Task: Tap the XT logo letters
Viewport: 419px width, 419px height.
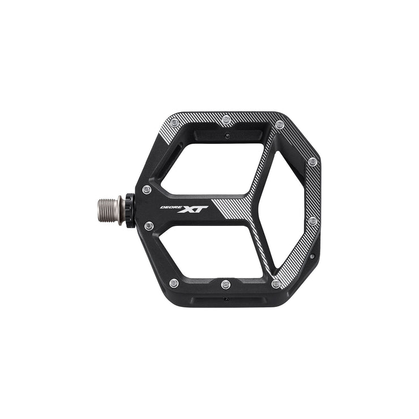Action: pos(194,210)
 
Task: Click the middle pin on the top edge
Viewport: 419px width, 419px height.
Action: pos(226,120)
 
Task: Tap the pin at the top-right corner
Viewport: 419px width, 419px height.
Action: pos(279,125)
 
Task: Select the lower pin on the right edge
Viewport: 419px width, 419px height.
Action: pos(312,221)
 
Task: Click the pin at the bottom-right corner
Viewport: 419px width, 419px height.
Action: pos(276,284)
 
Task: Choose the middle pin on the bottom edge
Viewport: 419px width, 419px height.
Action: pos(225,283)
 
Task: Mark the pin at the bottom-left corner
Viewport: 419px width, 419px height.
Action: pos(174,283)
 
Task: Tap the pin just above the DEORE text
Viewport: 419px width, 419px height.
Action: pos(147,189)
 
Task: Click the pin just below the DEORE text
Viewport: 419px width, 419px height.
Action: pos(149,225)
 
